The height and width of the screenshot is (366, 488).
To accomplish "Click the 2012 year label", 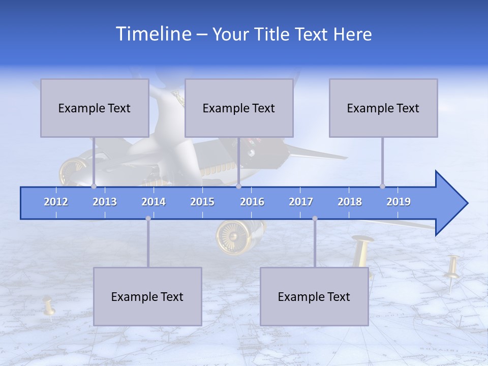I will [56, 202].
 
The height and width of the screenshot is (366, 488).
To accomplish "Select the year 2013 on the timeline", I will [105, 202].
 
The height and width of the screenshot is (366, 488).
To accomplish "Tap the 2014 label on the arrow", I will [154, 202].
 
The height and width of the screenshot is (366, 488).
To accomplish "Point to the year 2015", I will [202, 202].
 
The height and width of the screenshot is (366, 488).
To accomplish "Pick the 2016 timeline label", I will [252, 202].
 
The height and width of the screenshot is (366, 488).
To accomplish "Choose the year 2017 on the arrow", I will [301, 202].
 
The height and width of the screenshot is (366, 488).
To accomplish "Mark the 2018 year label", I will [350, 202].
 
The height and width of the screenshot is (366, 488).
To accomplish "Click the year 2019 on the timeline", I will [399, 202].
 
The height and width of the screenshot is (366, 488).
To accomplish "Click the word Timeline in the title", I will [152, 34].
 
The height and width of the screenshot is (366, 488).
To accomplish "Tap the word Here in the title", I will [352, 35].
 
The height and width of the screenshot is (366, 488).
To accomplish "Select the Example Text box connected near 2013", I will [95, 108].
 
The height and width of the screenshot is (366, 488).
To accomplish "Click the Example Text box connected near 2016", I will [239, 108].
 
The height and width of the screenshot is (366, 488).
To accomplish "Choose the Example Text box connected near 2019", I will [383, 108].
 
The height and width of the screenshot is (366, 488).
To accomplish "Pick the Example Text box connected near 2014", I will [147, 296].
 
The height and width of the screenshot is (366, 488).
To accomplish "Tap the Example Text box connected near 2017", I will [314, 296].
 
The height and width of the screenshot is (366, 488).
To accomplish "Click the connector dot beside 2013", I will [94, 186].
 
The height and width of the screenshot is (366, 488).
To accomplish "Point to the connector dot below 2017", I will [315, 218].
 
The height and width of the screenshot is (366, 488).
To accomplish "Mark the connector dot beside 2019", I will [382, 186].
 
